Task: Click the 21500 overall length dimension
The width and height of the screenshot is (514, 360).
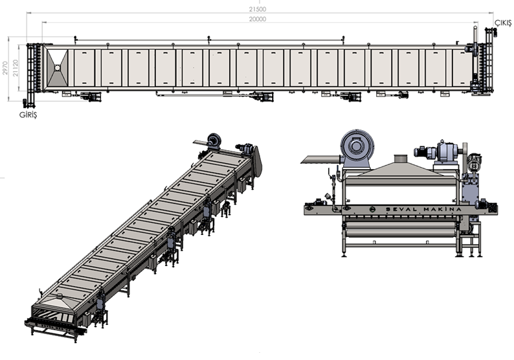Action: (258, 10)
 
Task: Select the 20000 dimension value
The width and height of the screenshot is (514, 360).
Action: (258, 19)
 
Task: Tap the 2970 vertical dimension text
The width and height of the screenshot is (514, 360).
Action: (5, 68)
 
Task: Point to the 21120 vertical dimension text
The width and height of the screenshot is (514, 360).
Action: (16, 68)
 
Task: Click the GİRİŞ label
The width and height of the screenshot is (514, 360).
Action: (28, 115)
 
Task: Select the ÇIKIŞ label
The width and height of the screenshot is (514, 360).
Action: (503, 23)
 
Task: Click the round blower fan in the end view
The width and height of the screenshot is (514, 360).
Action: (357, 146)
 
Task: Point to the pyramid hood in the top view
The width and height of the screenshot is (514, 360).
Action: (58, 68)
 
